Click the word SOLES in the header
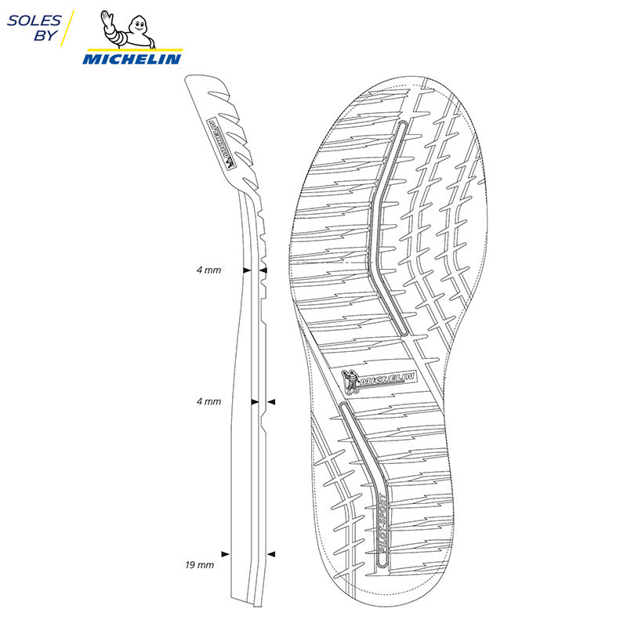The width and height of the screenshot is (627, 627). (x=31, y=19)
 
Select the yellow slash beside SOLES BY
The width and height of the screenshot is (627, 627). (x=67, y=28)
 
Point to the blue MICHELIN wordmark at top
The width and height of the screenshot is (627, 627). (x=132, y=59)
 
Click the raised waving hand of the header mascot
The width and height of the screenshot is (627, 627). (x=107, y=17)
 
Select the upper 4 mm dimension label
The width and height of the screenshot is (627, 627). (x=208, y=270)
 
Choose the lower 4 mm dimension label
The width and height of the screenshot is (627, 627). (x=208, y=401)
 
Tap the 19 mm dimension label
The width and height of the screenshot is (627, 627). (x=201, y=564)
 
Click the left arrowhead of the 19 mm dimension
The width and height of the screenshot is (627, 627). (x=226, y=554)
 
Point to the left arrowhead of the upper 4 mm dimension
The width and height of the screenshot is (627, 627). (x=246, y=270)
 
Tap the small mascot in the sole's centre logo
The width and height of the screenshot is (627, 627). (x=353, y=381)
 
